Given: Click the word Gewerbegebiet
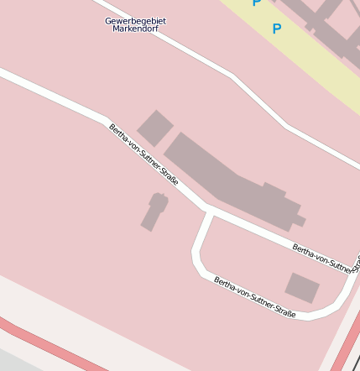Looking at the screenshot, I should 135,20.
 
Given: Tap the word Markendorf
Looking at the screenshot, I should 135,29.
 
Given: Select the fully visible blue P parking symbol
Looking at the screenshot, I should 276,29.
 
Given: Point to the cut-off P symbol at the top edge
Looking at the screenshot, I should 257,3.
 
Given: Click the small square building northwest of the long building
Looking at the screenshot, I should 154,128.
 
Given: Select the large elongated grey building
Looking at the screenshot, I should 227,180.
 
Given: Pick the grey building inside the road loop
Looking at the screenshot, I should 302,288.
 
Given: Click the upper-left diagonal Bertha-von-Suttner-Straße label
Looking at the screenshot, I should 143,154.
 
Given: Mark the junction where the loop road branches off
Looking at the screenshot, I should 208,211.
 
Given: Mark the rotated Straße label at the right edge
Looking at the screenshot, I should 356,262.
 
